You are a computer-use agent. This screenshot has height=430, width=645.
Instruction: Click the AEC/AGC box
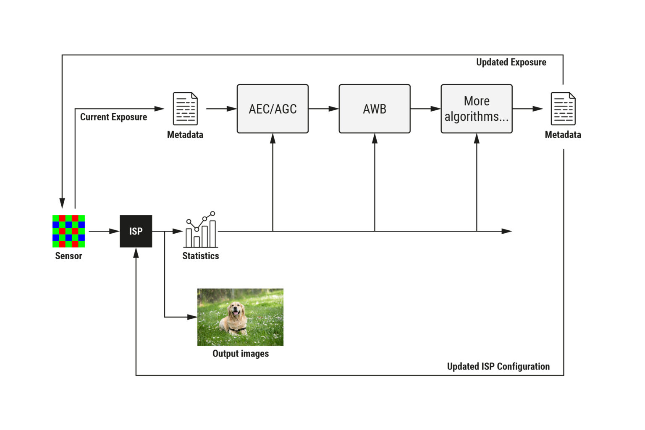pos(273,109)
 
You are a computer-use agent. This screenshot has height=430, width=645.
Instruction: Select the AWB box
pos(374,109)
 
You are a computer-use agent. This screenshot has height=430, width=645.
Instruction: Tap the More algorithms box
pos(476,109)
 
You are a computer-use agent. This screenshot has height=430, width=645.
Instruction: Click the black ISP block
pos(136,231)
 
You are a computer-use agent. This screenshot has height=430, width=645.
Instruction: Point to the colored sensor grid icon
pos(68,231)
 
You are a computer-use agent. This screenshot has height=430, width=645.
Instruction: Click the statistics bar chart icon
pos(201,230)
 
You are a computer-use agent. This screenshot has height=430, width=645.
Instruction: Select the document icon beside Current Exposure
pos(185,109)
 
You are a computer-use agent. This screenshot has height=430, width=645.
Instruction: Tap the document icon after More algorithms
pos(563,109)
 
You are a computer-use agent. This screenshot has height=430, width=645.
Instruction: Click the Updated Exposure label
pos(511,63)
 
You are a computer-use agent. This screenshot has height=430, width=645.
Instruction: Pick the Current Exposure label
pos(113,117)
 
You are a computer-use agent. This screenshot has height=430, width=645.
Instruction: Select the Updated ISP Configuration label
pos(498,366)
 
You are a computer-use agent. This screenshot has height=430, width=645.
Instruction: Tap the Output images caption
pos(240,354)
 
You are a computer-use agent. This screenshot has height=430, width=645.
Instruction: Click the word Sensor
pos(68,256)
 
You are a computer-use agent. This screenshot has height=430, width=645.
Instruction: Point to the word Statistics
pos(200,256)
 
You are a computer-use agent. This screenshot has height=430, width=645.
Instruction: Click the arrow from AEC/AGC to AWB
pos(323,109)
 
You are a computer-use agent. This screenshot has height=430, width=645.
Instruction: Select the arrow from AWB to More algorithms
pos(425,109)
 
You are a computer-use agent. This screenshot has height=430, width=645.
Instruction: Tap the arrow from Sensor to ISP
pos(104,231)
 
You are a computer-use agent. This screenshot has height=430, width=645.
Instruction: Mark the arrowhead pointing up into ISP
pos(136,253)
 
